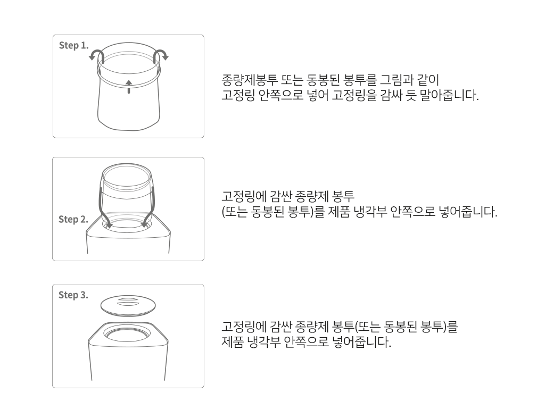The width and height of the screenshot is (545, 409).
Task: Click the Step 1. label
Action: click(x=73, y=45)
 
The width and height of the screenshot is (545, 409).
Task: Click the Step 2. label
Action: click(x=73, y=220)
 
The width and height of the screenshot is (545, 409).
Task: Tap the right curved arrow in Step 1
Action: click(x=160, y=55)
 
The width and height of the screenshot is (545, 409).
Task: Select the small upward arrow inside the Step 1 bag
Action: click(x=128, y=86)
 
